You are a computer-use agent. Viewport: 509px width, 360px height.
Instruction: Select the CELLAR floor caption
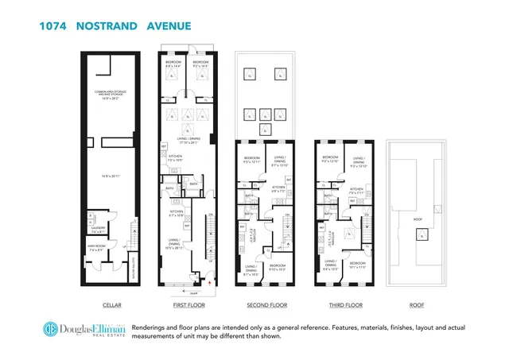[112, 304]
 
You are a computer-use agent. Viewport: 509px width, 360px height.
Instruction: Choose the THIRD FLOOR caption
[346, 304]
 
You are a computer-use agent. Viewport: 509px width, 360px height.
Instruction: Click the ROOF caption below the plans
[417, 304]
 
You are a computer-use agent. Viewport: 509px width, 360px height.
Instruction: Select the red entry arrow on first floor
[209, 280]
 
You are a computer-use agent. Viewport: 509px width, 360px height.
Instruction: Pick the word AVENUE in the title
[169, 25]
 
